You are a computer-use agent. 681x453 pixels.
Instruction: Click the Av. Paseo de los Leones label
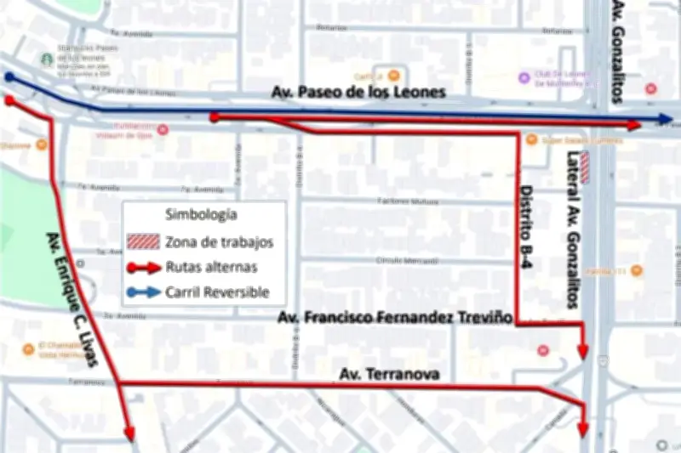click(358, 92)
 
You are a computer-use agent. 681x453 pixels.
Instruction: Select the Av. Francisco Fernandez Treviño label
click(395, 318)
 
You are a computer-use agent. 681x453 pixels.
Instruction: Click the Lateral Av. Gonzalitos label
click(572, 229)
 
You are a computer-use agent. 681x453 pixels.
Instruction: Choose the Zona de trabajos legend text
click(220, 242)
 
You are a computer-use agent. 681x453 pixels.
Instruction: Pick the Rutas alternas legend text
click(211, 267)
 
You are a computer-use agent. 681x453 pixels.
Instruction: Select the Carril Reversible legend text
click(217, 292)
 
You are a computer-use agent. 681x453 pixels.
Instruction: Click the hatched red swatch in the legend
click(143, 242)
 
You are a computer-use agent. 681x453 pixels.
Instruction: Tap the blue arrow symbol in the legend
click(143, 292)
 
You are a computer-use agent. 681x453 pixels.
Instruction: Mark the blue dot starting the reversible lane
click(9, 77)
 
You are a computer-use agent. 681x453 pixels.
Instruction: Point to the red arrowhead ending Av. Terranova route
click(583, 426)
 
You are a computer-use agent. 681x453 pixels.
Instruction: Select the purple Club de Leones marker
click(524, 78)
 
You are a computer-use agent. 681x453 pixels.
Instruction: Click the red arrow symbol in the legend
click(143, 267)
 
